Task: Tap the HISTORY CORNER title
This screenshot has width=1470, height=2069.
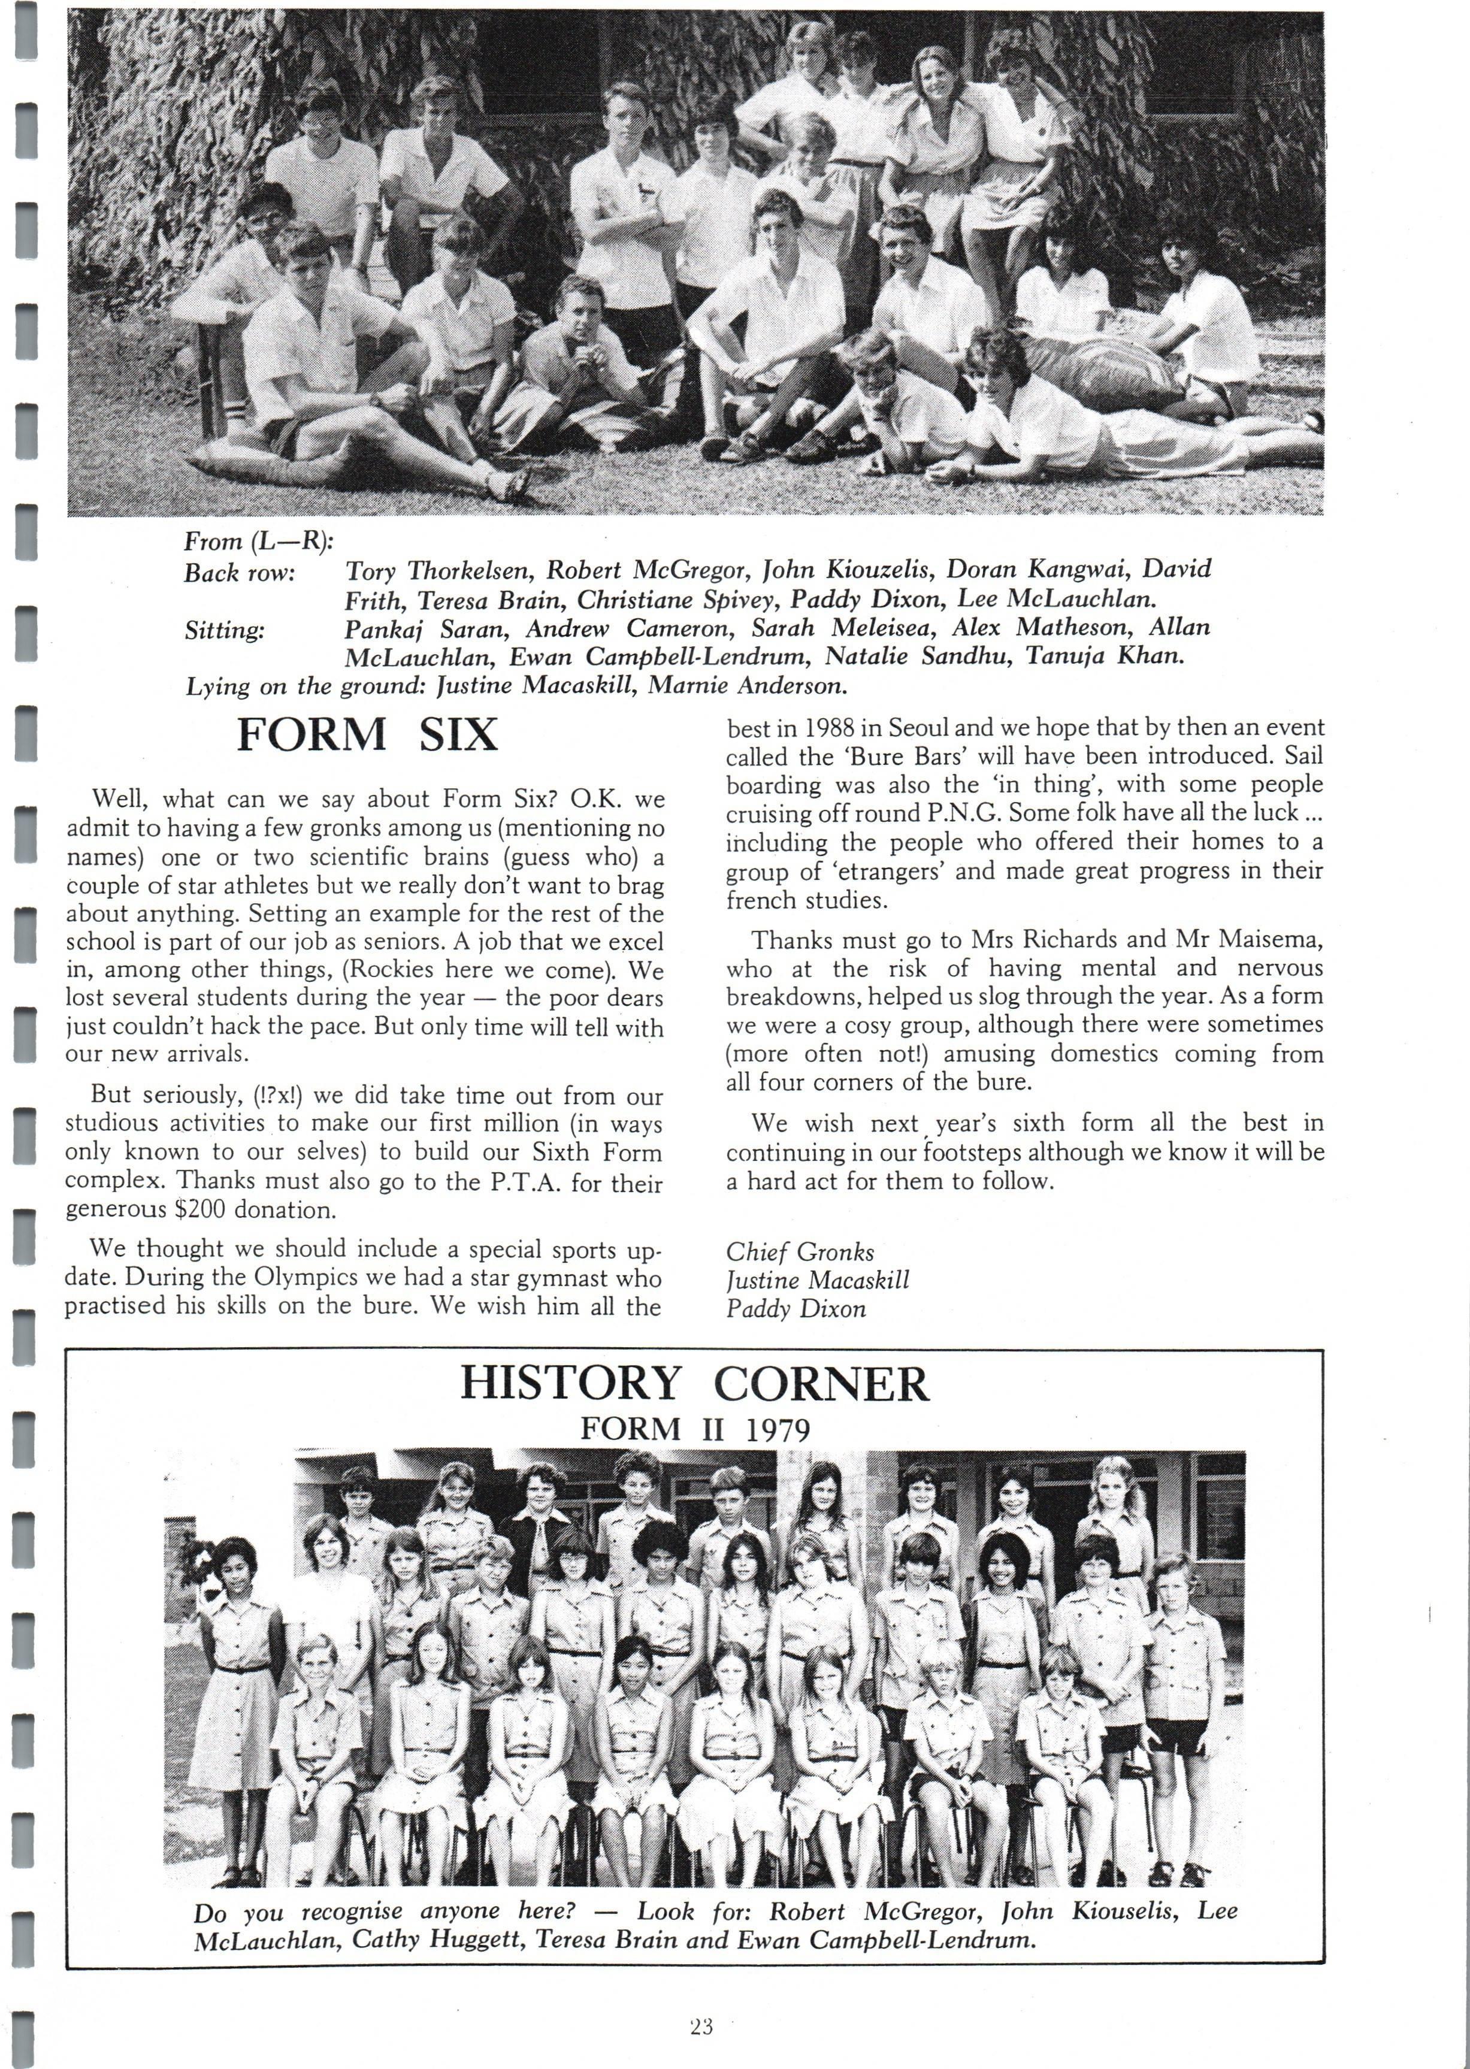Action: [694, 1384]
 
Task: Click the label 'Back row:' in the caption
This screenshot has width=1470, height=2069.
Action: [240, 573]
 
